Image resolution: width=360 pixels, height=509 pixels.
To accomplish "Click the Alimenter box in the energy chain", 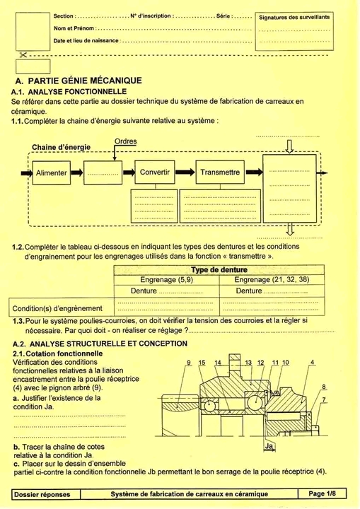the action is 52,172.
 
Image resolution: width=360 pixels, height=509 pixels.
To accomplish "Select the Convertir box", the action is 155,172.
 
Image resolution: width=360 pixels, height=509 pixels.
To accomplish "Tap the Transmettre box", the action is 220,172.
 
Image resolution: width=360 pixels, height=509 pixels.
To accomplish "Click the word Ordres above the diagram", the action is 125,141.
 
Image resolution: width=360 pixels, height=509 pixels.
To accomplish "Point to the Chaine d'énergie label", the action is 61,147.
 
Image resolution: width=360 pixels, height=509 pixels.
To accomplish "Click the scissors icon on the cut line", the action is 23,55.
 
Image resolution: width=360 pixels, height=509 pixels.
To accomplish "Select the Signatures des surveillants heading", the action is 294,17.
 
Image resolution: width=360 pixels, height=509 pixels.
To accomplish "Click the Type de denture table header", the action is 219,270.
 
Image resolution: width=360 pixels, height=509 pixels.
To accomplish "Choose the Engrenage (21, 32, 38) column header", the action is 272,279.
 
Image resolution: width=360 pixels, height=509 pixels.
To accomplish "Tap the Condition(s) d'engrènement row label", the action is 57,308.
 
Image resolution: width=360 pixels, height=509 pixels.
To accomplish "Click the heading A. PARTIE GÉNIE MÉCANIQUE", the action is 79,81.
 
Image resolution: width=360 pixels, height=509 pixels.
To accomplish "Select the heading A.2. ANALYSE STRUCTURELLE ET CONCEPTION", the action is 100,344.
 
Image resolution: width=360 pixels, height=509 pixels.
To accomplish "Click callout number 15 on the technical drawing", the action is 202,363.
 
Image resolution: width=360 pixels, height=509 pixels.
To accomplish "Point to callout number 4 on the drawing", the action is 312,363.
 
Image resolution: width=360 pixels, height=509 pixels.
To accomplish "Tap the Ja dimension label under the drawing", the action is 269,446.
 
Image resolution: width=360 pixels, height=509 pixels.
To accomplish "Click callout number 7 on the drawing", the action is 324,399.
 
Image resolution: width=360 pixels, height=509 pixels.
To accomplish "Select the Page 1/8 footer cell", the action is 322,493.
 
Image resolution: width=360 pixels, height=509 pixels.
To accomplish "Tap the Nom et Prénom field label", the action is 74,28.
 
